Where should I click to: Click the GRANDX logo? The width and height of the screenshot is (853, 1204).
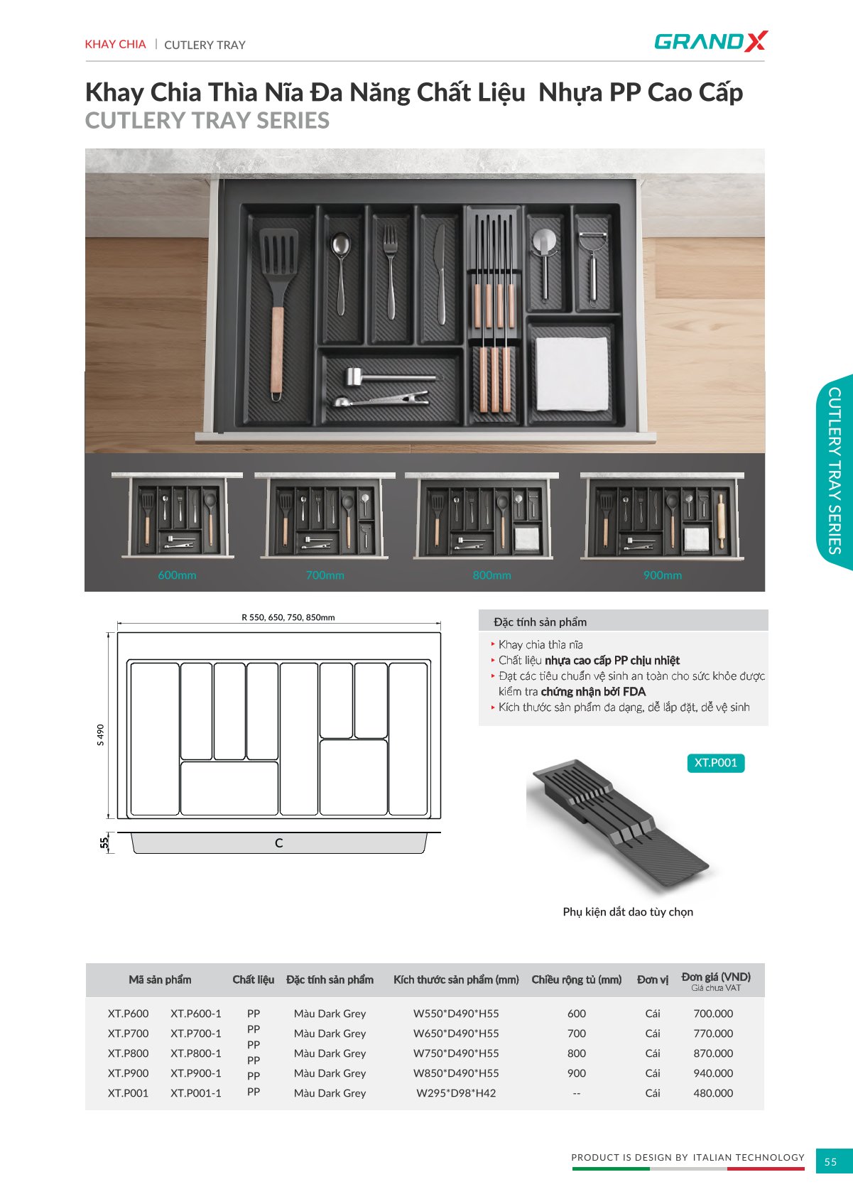click(710, 41)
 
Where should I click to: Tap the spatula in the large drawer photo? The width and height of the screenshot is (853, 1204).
click(278, 314)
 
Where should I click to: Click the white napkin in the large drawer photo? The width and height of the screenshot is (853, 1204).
click(572, 374)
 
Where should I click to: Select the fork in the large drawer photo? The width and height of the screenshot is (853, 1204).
click(391, 271)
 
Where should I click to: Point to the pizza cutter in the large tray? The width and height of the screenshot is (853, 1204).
click(544, 264)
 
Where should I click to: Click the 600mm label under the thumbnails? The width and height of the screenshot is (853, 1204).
click(177, 575)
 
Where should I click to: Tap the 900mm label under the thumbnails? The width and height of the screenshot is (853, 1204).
click(662, 575)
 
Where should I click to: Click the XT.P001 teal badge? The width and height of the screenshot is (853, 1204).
click(716, 763)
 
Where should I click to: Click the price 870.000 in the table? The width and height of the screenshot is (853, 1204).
click(712, 1053)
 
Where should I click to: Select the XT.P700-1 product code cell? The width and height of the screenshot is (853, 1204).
click(195, 1033)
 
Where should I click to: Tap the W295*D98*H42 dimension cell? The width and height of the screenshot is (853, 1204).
click(456, 1092)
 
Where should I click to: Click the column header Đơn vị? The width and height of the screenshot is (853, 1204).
click(653, 980)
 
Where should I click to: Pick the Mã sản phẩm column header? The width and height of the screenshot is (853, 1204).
click(160, 980)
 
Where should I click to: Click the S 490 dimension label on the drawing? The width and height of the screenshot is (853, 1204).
click(101, 734)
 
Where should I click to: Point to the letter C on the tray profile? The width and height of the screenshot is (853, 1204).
click(278, 842)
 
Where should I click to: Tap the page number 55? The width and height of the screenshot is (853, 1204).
click(830, 1161)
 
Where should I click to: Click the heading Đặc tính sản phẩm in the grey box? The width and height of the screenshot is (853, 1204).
click(540, 622)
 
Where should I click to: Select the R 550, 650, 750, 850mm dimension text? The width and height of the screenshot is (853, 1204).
click(288, 617)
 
